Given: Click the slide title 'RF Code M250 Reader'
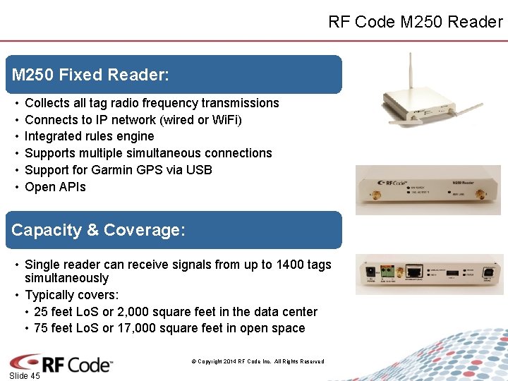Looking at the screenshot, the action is [415, 22].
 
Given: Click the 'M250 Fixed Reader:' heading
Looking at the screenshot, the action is [90, 74].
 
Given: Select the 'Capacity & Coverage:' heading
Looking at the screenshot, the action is [99, 230].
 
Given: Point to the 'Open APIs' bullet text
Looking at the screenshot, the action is [55, 187].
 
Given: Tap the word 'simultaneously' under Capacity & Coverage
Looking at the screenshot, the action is [66, 278].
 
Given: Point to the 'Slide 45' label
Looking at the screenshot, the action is [25, 375].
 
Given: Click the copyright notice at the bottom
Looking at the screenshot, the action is [258, 361].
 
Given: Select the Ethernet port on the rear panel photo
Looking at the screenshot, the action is [417, 270].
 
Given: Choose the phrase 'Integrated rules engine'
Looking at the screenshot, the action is [89, 136].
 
